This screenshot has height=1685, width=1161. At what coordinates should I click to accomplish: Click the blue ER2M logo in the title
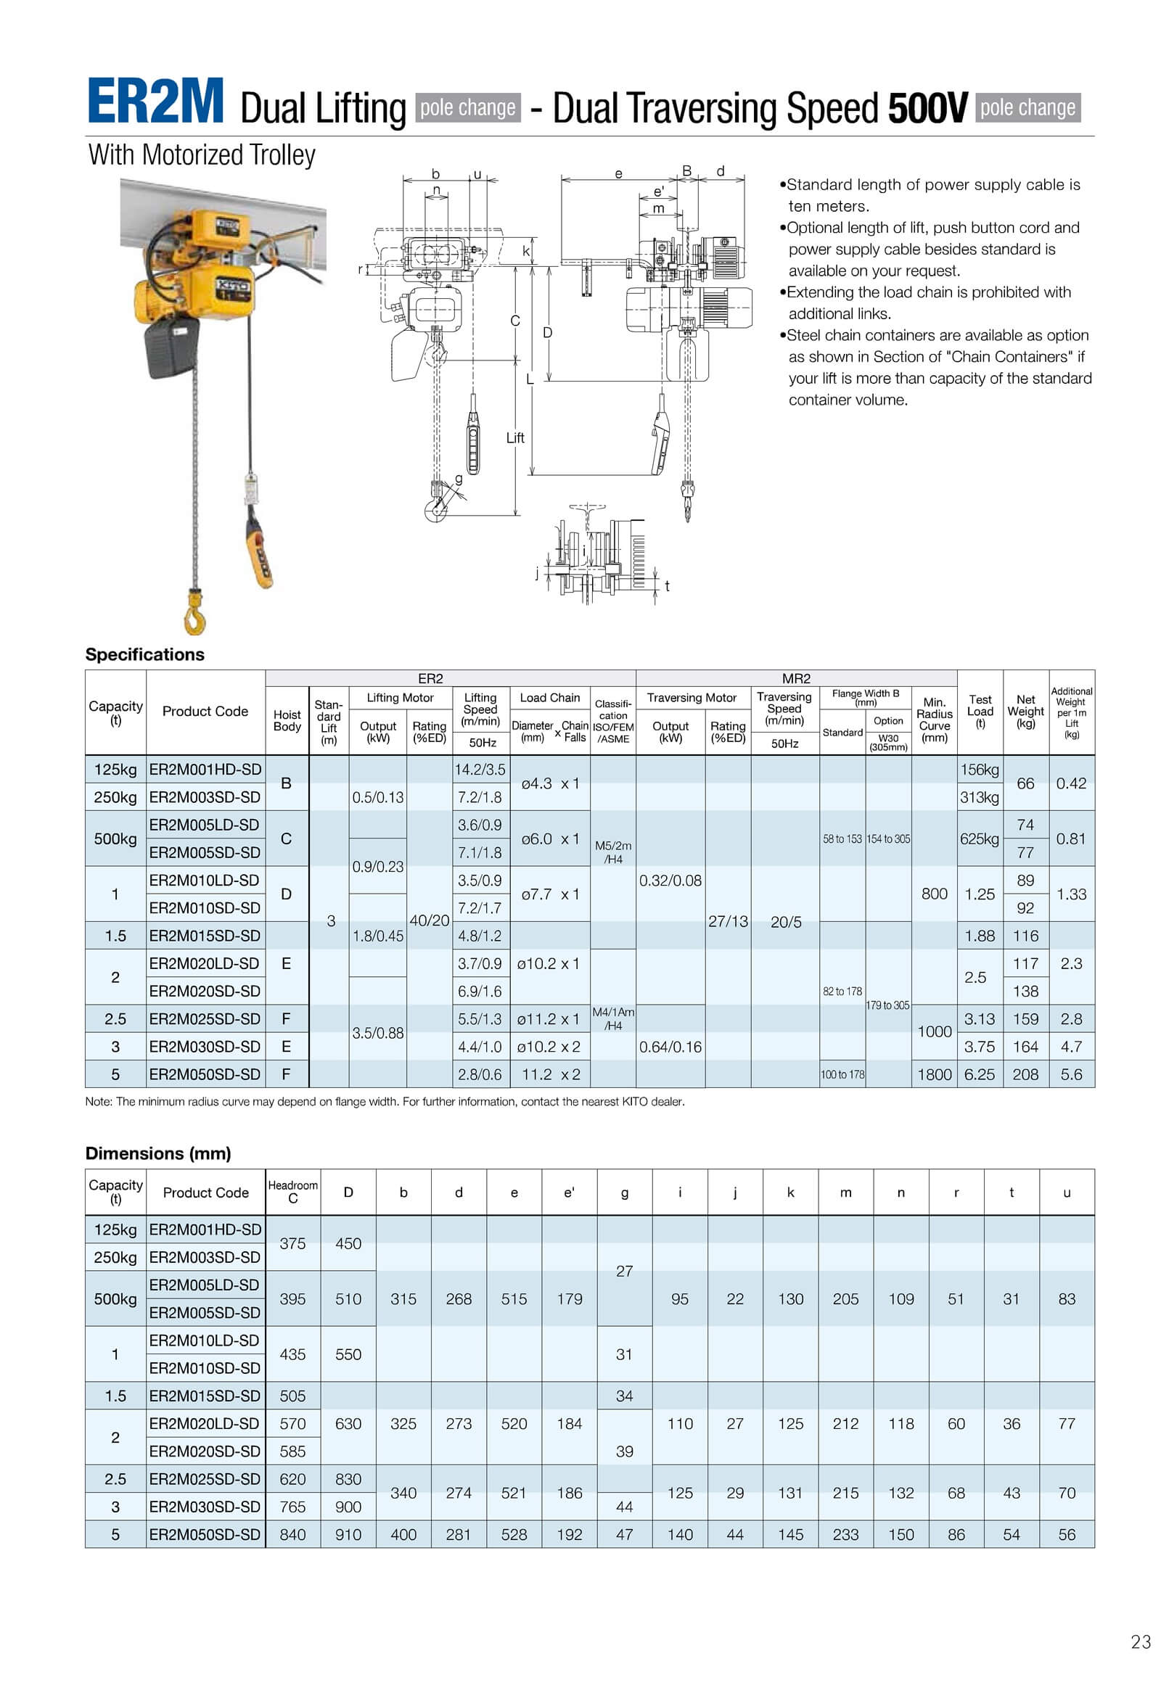coord(155,102)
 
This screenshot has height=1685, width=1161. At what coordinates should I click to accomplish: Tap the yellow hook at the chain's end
coord(195,611)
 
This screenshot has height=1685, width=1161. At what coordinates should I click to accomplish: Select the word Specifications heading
coord(144,654)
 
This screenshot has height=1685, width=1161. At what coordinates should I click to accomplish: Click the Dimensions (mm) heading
coord(158,1153)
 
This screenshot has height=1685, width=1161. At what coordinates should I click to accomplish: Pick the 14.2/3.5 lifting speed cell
coord(480,770)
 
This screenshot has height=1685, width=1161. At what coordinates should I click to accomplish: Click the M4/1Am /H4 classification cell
coord(612,1019)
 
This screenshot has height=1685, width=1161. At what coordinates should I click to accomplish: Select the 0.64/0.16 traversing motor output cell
coord(670,1047)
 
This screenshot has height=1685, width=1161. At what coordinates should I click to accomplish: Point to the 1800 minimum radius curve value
coord(934,1075)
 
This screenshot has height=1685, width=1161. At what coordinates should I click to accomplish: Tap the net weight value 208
coord(1025,1075)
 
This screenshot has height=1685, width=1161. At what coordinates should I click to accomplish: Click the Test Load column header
coord(980,712)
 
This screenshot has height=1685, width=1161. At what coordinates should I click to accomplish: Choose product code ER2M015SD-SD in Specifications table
coord(205,936)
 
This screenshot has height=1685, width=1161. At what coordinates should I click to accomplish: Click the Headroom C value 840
coord(292,1534)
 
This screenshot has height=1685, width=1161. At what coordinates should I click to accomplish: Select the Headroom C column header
coord(292,1192)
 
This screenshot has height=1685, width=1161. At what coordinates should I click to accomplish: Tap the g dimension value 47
coord(624,1534)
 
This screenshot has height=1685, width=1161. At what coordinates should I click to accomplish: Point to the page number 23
coord(1141,1642)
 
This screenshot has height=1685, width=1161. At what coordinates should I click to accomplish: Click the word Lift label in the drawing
coord(515,438)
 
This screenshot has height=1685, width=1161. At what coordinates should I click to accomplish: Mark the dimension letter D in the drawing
coord(548,332)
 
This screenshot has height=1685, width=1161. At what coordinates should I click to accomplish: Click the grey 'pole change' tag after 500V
coord(1027,107)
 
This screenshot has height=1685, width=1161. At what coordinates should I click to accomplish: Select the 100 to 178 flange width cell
coord(842,1075)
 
